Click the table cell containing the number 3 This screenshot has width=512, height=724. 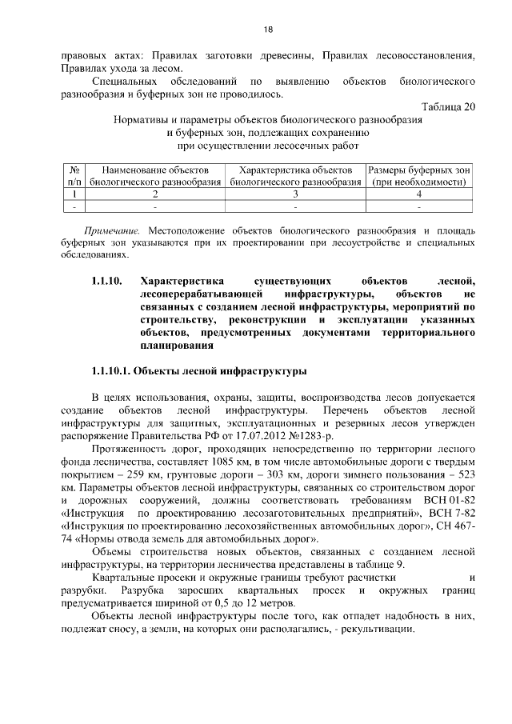295,194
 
